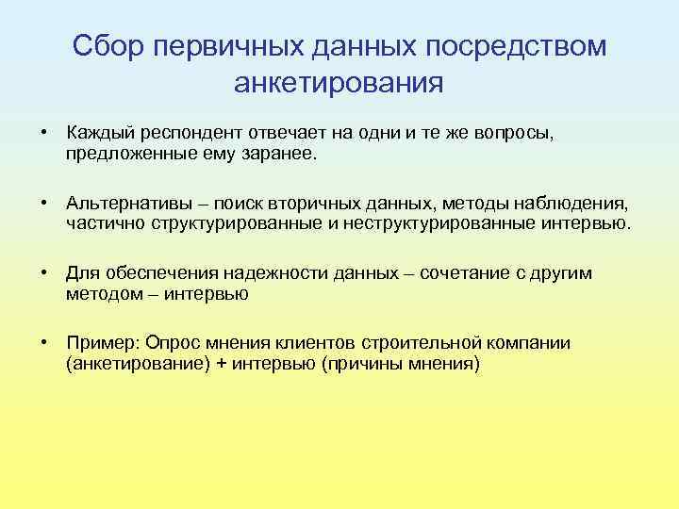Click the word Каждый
95,132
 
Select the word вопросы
517,132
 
